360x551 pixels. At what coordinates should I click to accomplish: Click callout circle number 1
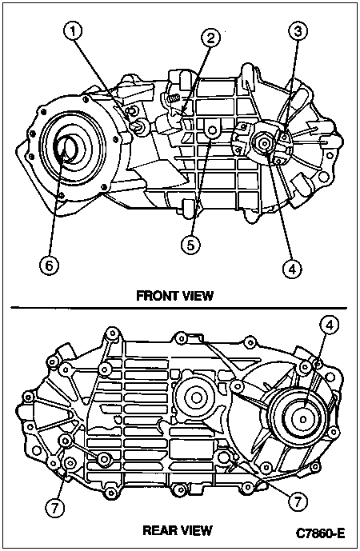[73, 32]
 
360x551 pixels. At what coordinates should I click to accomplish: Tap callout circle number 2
[210, 38]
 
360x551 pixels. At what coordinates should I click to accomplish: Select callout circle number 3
[298, 32]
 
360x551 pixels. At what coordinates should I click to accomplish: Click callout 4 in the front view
[293, 270]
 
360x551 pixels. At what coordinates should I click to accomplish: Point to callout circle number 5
[190, 245]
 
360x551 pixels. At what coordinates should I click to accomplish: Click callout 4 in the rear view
[329, 325]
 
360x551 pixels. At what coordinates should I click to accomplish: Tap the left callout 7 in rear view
[54, 509]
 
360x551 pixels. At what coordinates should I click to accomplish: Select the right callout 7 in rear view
[298, 501]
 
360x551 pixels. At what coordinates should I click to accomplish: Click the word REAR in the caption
[158, 530]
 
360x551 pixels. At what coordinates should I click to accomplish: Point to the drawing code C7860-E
[320, 533]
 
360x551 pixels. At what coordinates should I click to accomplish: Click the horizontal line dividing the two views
[179, 308]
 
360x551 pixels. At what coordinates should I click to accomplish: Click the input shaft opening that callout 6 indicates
[66, 150]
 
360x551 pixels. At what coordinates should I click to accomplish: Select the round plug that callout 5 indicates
[212, 130]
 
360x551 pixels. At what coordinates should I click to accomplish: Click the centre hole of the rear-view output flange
[302, 419]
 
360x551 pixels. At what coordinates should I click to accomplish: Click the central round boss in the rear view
[195, 397]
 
